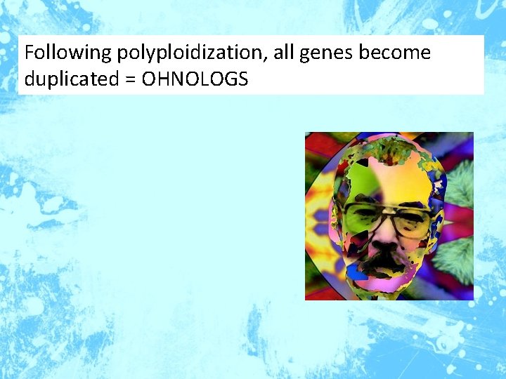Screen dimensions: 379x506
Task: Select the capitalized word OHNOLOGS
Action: [x=195, y=79]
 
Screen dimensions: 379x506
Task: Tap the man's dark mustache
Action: [x=386, y=261]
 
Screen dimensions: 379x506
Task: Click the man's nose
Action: [x=386, y=239]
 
